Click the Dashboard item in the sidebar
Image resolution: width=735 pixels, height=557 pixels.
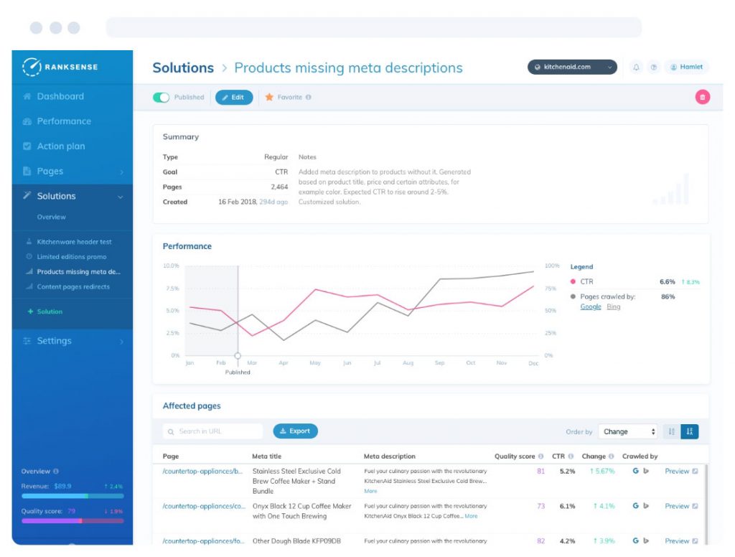(60, 96)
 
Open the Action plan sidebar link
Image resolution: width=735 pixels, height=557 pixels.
(60, 146)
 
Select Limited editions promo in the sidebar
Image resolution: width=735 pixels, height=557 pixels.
(71, 257)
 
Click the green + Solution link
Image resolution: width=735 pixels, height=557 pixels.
(45, 312)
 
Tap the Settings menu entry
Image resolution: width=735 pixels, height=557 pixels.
(55, 341)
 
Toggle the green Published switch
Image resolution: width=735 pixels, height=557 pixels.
(161, 97)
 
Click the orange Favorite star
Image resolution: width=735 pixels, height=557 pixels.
(270, 97)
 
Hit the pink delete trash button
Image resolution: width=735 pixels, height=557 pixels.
(702, 97)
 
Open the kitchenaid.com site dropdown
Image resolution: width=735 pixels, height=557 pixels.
(572, 67)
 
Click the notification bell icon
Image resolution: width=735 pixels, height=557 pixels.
(636, 67)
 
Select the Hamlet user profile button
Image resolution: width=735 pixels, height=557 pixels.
(686, 67)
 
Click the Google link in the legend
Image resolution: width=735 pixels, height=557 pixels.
(591, 307)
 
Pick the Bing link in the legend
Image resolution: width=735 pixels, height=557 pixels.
(614, 307)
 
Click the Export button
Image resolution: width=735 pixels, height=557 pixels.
(295, 431)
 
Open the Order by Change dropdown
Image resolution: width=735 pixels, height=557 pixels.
(628, 431)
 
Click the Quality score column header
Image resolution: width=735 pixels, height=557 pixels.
(515, 457)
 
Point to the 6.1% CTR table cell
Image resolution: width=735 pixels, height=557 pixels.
(567, 506)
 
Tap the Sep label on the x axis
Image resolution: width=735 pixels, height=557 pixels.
(439, 363)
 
